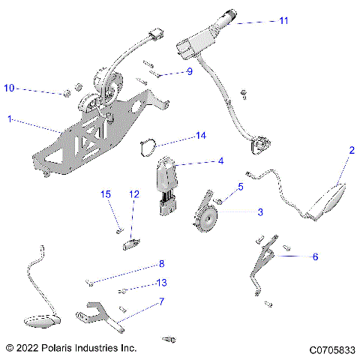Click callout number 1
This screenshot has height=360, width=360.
click(x=10, y=119)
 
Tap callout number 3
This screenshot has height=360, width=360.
click(x=260, y=213)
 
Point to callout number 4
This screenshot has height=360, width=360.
click(x=220, y=160)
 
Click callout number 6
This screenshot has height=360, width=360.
click(x=315, y=256)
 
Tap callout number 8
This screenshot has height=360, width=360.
click(x=160, y=264)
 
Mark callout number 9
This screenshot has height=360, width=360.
click(x=190, y=72)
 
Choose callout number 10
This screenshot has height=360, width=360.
click(x=10, y=88)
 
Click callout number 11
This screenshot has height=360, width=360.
click(x=283, y=21)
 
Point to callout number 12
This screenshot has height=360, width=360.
click(x=134, y=195)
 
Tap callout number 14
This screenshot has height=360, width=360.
click(x=200, y=136)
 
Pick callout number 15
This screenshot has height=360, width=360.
click(x=106, y=195)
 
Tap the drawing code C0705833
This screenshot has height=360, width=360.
click(x=331, y=349)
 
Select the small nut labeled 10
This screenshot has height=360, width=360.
click(x=66, y=93)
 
